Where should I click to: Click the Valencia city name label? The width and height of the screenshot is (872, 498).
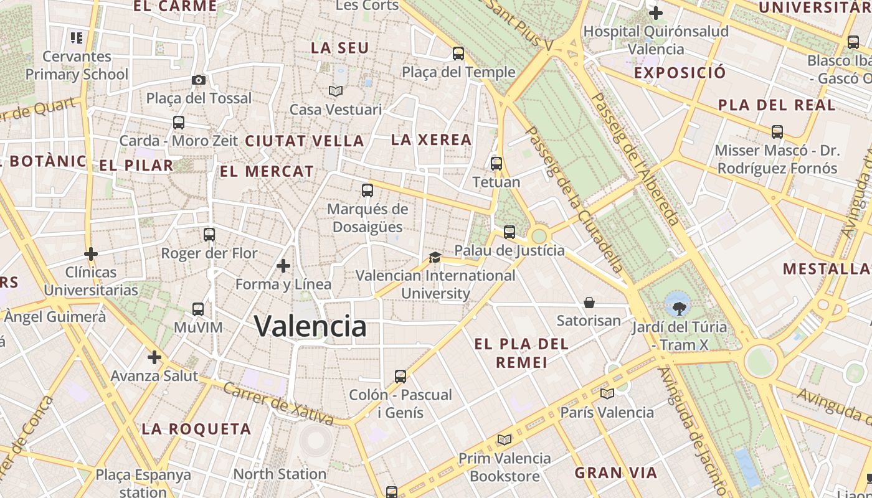pyautogui.click(x=310, y=326)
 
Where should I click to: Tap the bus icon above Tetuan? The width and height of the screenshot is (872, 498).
pyautogui.click(x=496, y=164)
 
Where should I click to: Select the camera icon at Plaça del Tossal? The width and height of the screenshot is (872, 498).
pyautogui.click(x=199, y=80)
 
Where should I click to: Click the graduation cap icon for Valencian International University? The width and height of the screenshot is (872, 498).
pyautogui.click(x=435, y=257)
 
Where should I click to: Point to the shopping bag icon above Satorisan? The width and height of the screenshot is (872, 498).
pyautogui.click(x=589, y=303)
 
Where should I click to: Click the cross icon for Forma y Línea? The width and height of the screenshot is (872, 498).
pyautogui.click(x=283, y=266)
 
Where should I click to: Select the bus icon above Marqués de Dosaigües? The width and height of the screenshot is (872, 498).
pyautogui.click(x=367, y=190)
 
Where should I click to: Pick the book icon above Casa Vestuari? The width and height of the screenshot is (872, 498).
pyautogui.click(x=336, y=92)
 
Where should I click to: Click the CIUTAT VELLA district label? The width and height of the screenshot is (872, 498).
pyautogui.click(x=305, y=141)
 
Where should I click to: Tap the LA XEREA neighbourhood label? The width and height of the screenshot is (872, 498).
pyautogui.click(x=431, y=140)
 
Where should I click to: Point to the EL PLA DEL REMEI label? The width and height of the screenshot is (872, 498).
pyautogui.click(x=521, y=353)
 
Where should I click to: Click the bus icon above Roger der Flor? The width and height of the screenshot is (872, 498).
pyautogui.click(x=209, y=235)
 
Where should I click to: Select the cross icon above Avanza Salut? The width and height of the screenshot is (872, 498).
pyautogui.click(x=154, y=357)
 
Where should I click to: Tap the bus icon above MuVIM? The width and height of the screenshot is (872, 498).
pyautogui.click(x=198, y=309)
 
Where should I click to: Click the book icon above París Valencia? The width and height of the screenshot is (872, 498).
pyautogui.click(x=607, y=393)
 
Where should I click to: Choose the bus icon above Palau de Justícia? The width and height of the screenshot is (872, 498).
pyautogui.click(x=509, y=232)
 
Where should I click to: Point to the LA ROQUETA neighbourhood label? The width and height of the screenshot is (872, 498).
pyautogui.click(x=196, y=429)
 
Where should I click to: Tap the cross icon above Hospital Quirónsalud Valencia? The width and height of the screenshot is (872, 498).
pyautogui.click(x=655, y=12)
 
